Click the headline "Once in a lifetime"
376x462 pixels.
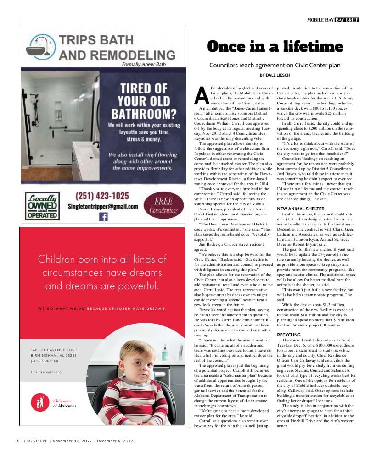point(275,47)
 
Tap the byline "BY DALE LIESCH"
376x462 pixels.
point(275,75)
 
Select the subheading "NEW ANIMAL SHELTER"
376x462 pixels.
point(301,209)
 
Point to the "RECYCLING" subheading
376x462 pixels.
point(289,335)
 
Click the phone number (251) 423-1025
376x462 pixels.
point(102,196)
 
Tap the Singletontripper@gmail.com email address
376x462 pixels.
point(102,207)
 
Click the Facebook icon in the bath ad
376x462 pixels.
point(103,217)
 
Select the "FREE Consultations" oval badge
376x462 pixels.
point(163,206)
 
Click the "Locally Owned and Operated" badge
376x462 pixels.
point(42,206)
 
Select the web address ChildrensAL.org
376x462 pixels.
point(46,372)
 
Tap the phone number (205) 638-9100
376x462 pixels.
point(45,361)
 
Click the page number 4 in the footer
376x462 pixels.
point(18,441)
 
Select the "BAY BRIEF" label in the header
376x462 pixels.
point(347,20)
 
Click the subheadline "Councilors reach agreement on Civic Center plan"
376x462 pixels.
point(275,66)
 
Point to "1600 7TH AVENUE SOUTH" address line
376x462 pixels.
point(56,350)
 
